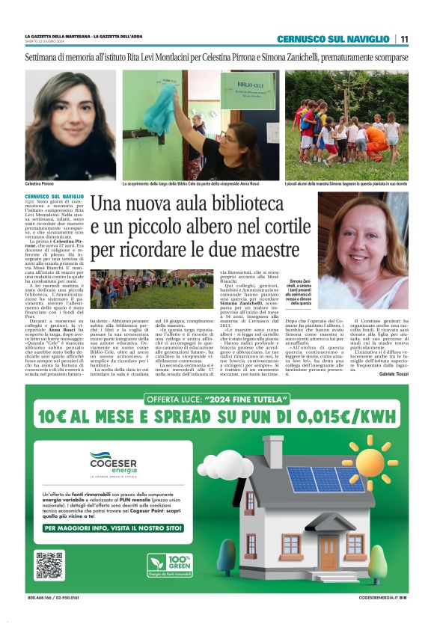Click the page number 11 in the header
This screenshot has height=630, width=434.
tap(404, 39)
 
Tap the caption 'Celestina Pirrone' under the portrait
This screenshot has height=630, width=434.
tap(43, 183)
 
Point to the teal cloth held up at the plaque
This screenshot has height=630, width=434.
tap(159, 112)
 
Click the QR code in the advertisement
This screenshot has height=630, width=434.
tap(49, 565)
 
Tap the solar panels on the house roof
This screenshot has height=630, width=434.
tap(321, 480)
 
